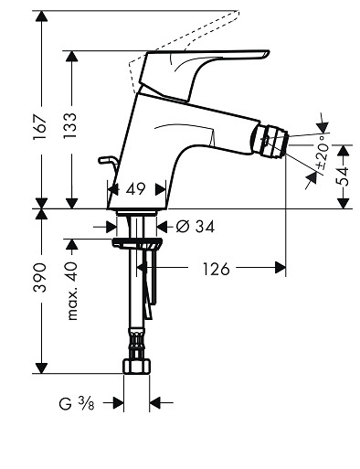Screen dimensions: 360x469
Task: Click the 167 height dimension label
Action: pyautogui.click(x=40, y=127)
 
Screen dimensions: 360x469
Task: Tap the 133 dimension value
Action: pyautogui.click(x=70, y=126)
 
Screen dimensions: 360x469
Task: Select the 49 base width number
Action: pyautogui.click(x=136, y=189)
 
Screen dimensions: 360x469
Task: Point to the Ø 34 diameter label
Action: pyautogui.click(x=196, y=227)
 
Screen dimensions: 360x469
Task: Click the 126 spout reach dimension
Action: pyautogui.click(x=216, y=269)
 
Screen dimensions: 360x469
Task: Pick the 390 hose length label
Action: pyautogui.click(x=40, y=277)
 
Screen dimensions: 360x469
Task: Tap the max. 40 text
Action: pyautogui.click(x=72, y=291)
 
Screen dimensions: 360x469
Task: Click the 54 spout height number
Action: pyautogui.click(x=342, y=176)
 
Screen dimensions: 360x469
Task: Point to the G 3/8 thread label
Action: pyautogui.click(x=77, y=404)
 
